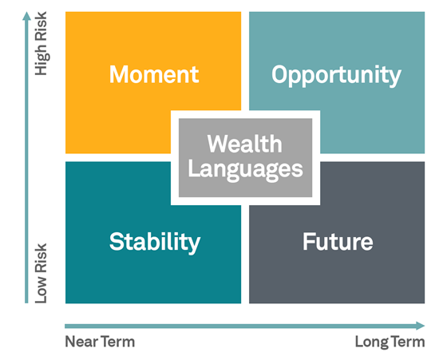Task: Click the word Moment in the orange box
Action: pyautogui.click(x=154, y=74)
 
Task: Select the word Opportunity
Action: pyautogui.click(x=336, y=76)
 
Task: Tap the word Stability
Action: pyautogui.click(x=155, y=243)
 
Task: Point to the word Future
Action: pyautogui.click(x=338, y=242)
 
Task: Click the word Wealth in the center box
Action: pyautogui.click(x=245, y=144)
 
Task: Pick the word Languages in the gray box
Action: pyautogui.click(x=246, y=170)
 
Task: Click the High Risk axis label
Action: pyautogui.click(x=41, y=43)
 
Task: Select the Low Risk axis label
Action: pyautogui.click(x=41, y=273)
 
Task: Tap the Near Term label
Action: pyautogui.click(x=100, y=342)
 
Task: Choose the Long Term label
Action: pyautogui.click(x=390, y=342)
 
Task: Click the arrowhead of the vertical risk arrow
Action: pyautogui.click(x=26, y=16)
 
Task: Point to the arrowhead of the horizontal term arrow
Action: pyautogui.click(x=421, y=326)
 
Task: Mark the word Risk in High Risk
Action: pyautogui.click(x=41, y=26)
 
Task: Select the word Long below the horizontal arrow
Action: pyautogui.click(x=372, y=342)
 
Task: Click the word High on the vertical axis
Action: pyautogui.click(x=42, y=60)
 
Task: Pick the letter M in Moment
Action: pyautogui.click(x=118, y=74)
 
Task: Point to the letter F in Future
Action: pyautogui.click(x=309, y=242)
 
